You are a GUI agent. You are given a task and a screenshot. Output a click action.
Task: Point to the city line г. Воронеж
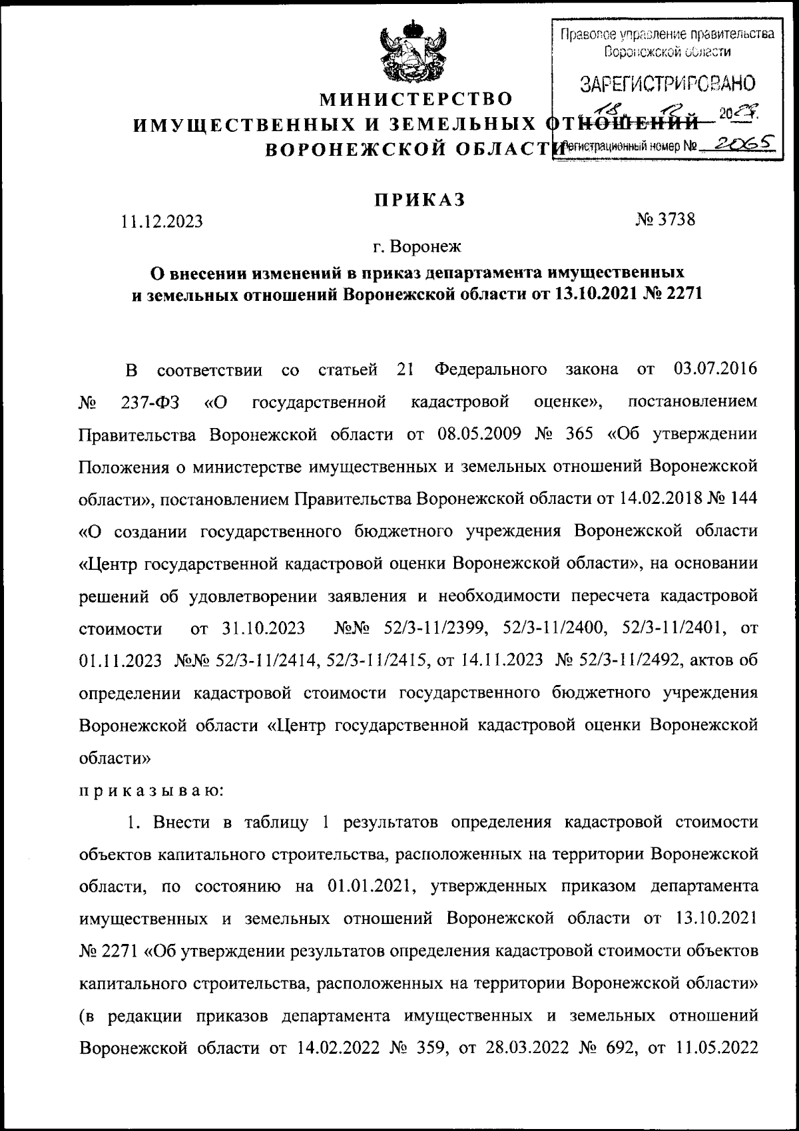coord(417,248)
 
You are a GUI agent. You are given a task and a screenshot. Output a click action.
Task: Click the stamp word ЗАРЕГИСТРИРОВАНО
coord(668,85)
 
